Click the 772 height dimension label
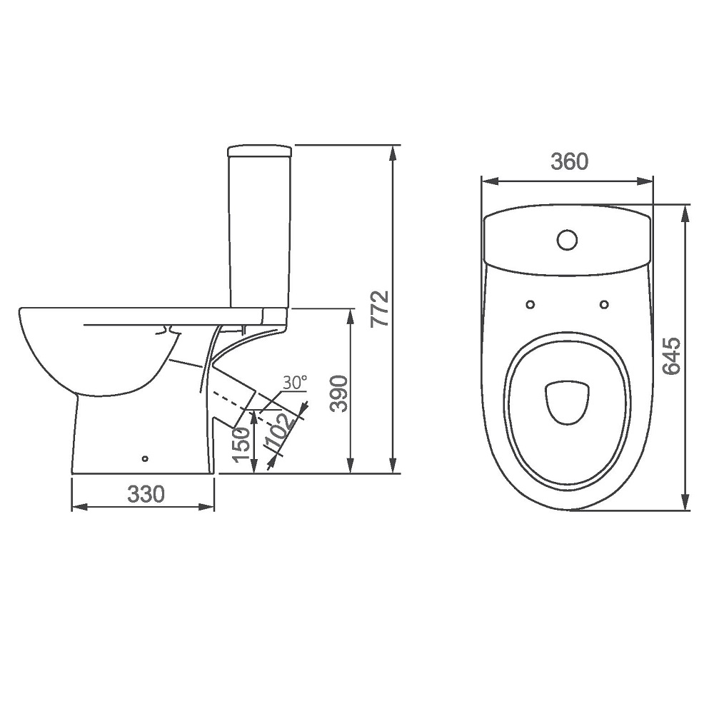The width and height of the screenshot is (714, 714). coord(381,308)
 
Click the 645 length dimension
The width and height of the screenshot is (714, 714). coord(671,356)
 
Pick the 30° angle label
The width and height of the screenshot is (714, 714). coord(294,383)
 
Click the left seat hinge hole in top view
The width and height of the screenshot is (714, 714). coord(530,305)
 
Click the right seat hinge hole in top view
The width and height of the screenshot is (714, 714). coord(605,305)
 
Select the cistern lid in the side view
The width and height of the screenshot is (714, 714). coord(260,151)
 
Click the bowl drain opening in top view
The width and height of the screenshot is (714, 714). coord(567,401)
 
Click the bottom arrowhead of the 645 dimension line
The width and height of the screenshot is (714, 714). coord(685,505)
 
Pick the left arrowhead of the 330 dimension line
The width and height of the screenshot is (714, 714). coord(77,507)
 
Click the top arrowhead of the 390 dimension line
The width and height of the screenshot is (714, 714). coord(351,314)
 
